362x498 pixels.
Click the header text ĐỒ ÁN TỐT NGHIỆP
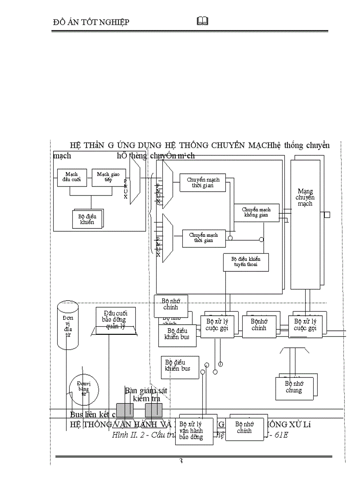91,22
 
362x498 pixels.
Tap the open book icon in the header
202,21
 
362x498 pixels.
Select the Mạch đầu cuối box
71,177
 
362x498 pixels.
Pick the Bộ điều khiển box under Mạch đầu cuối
87,219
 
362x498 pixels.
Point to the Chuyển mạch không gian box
256,212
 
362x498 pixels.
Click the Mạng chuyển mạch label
305,197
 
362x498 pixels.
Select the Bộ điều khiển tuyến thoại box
245,262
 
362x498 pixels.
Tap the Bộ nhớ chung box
293,387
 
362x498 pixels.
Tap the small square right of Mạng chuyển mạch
327,215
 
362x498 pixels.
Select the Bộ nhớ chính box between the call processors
259,325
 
